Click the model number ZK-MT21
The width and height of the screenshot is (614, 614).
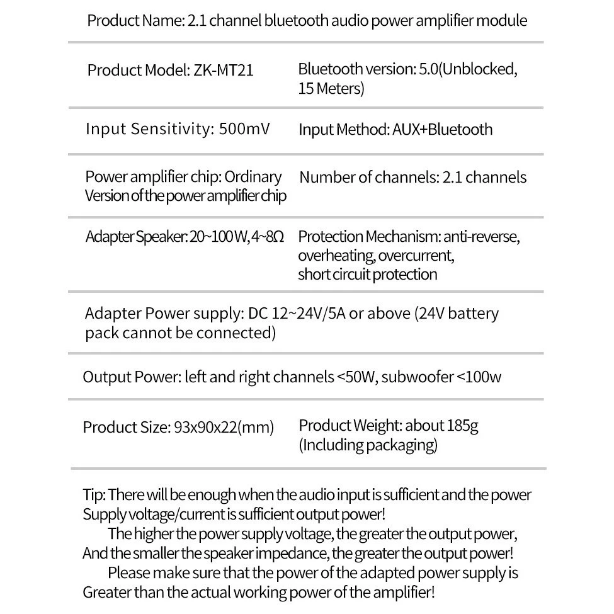pyautogui.click(x=224, y=70)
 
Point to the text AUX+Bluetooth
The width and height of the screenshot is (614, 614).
pyautogui.click(x=443, y=130)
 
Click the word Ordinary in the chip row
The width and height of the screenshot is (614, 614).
pyautogui.click(x=253, y=177)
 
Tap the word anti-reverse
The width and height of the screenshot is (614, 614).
pyautogui.click(x=482, y=237)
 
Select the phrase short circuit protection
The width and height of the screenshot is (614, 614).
pyautogui.click(x=367, y=275)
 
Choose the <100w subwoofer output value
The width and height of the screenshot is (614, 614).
pyautogui.click(x=479, y=377)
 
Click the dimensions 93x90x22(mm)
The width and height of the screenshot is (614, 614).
pyautogui.click(x=224, y=428)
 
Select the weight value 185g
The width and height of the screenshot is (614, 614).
pyautogui.click(x=462, y=426)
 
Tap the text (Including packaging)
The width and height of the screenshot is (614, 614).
pyautogui.click(x=368, y=445)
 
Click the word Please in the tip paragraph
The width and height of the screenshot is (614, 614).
pyautogui.click(x=129, y=574)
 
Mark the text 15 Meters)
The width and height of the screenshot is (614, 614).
pyautogui.click(x=331, y=89)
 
